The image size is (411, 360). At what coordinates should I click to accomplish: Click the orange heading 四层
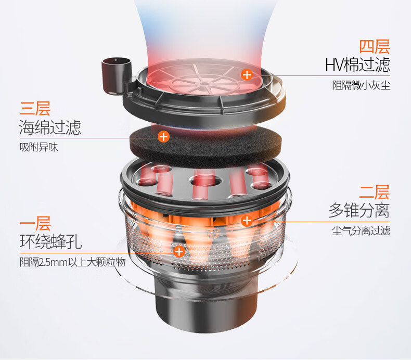tap(374, 47)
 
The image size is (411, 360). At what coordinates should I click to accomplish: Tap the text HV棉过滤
tap(357, 65)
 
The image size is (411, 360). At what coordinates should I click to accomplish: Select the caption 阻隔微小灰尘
tap(362, 85)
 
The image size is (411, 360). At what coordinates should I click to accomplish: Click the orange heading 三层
tap(35, 108)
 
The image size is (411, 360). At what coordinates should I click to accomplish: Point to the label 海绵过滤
tap(50, 127)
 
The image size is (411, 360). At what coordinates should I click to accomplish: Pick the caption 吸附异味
tap(39, 147)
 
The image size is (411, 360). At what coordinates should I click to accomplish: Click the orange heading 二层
tap(374, 192)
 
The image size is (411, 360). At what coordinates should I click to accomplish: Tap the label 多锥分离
tap(359, 210)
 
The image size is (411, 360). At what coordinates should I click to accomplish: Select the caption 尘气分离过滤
tap(361, 231)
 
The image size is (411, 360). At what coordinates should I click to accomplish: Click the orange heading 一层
tap(35, 223)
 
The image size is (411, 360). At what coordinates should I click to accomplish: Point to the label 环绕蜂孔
tap(50, 241)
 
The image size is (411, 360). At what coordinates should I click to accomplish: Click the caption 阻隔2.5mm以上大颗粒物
tap(73, 262)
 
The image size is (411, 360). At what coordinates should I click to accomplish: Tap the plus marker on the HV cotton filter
tap(247, 75)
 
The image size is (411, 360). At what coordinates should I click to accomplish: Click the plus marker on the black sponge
tap(163, 137)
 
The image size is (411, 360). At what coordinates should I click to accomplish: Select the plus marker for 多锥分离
tap(247, 221)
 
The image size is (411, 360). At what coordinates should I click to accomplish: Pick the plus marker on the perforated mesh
tap(179, 252)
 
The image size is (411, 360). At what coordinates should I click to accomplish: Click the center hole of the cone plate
tap(205, 181)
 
